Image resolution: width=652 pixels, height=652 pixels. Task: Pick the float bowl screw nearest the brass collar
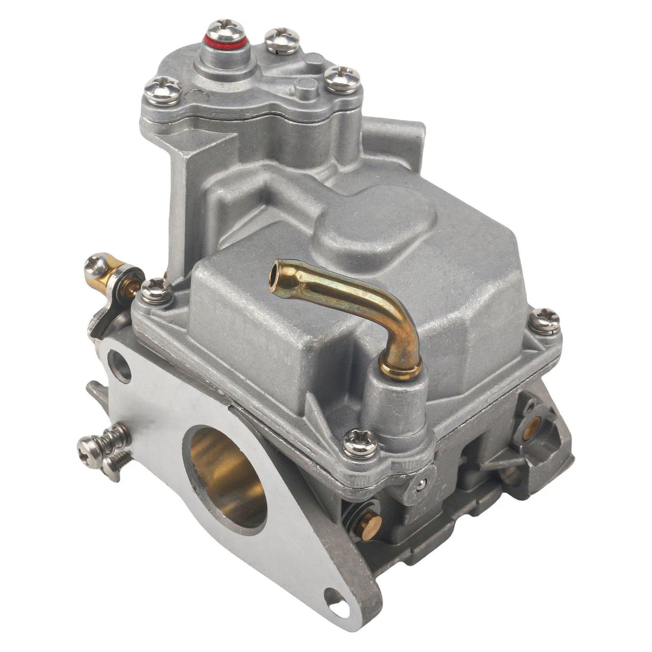pyautogui.click(x=360, y=443)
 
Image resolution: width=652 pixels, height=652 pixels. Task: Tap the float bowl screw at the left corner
pyautogui.click(x=156, y=291)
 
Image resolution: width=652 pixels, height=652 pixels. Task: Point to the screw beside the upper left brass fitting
pyautogui.click(x=96, y=267)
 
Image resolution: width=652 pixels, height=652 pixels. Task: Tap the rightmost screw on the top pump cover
pyautogui.click(x=342, y=79)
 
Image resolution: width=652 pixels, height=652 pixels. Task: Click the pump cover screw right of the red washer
pyautogui.click(x=282, y=39)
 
